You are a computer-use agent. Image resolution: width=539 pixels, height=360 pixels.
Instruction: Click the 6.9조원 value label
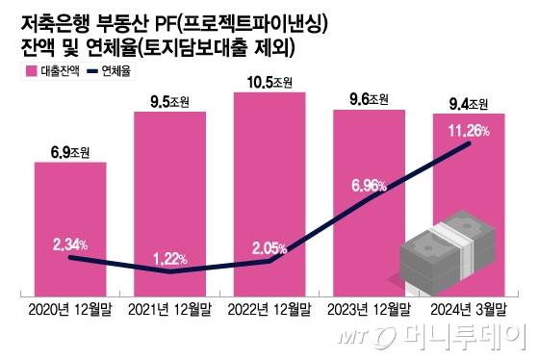click(x=70, y=152)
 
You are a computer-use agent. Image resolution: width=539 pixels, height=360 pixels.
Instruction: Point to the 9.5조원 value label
click(x=170, y=100)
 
